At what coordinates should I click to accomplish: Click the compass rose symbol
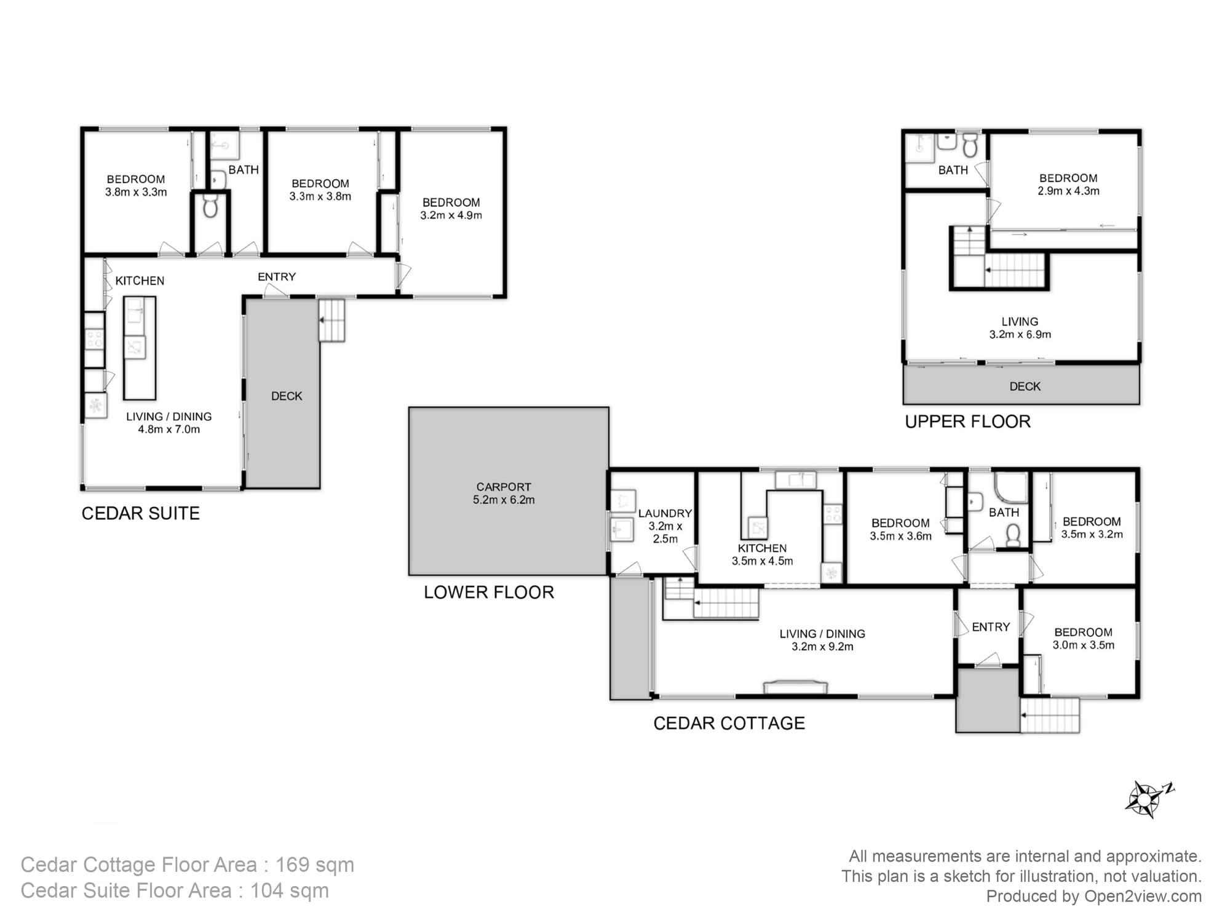1145,799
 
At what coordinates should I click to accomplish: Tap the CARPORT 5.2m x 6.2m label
504,493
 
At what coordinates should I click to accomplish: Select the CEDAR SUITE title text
140,513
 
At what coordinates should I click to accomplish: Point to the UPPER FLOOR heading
967,422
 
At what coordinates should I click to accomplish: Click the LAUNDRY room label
665,513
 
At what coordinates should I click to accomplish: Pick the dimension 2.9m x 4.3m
1068,191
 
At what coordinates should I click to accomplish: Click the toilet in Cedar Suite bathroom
210,207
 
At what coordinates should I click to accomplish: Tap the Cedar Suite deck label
287,396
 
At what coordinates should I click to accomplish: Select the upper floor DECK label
1025,386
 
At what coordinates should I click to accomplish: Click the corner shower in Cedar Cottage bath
1012,487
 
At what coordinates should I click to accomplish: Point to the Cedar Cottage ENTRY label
990,627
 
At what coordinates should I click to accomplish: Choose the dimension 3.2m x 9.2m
822,647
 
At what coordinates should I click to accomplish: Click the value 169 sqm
314,865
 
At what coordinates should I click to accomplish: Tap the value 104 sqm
289,890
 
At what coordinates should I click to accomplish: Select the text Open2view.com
1143,896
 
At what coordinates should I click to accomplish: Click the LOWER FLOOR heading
489,593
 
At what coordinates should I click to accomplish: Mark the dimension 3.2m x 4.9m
451,215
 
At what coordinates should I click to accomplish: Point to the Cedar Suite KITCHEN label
140,281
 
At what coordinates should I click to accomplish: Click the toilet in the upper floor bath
970,146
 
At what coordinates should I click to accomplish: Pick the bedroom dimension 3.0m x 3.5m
1083,645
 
